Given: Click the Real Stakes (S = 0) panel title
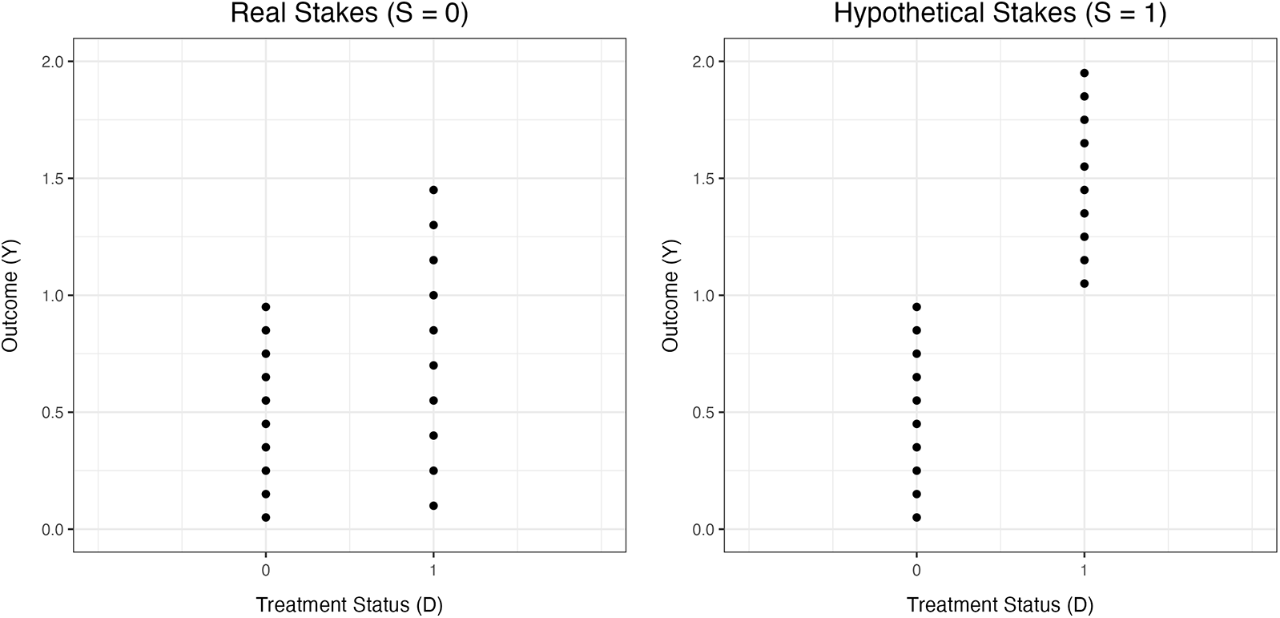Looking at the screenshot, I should [349, 14].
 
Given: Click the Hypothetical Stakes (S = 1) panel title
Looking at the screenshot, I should [1000, 14].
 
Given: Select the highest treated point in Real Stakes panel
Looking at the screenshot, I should [433, 190].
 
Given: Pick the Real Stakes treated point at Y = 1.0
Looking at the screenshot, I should [433, 295].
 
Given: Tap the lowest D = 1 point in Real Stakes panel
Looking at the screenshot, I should [433, 506].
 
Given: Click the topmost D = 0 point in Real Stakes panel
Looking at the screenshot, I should [265, 307].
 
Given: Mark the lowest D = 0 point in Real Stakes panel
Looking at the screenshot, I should [265, 518].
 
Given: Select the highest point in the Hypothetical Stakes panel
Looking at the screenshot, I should [1084, 73].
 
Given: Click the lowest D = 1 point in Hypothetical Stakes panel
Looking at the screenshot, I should [1084, 284].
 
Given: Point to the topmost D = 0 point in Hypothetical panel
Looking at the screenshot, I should [916, 307].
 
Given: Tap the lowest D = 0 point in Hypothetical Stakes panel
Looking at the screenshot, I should [916, 518].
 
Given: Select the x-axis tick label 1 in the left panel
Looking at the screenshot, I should [433, 571].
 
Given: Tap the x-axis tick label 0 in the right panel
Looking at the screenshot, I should [916, 571].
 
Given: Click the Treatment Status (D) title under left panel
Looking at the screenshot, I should [349, 604].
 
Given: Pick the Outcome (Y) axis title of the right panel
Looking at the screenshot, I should [670, 295].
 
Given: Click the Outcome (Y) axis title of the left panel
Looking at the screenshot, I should [10, 295].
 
